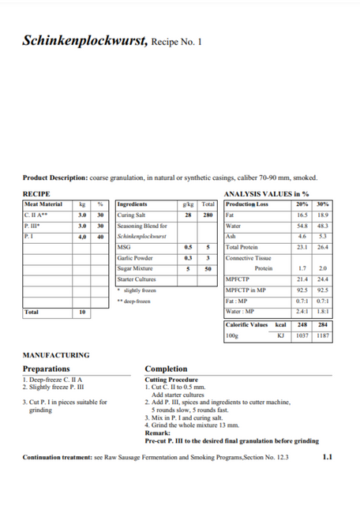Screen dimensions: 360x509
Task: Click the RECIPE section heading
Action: click(36, 194)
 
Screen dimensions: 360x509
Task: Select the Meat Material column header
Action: click(43, 204)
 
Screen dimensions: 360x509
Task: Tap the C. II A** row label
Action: click(36, 215)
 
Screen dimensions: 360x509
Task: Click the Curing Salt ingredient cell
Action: click(130, 215)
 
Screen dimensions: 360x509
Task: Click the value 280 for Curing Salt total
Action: click(208, 215)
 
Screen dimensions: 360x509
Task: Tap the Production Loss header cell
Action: click(247, 204)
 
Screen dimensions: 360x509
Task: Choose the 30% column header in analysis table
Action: click(321, 204)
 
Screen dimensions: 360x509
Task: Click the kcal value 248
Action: click(302, 324)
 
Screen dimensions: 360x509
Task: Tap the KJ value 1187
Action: click(321, 335)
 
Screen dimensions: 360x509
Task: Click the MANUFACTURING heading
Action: click(56, 355)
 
